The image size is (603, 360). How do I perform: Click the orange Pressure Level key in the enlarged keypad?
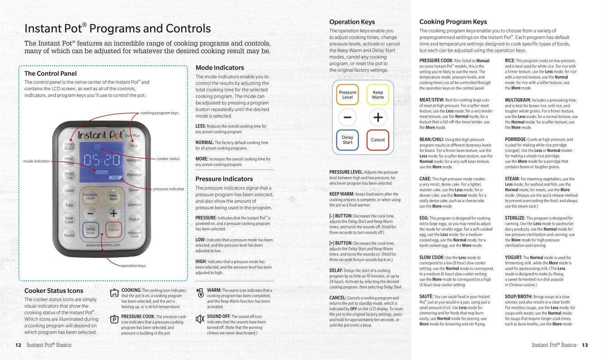click(347, 95)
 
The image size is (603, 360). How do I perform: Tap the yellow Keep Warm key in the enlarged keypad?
click(378, 95)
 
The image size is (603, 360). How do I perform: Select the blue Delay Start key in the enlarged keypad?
click(347, 140)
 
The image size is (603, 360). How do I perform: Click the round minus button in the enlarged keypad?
click(347, 117)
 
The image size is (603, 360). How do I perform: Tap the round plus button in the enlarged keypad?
click(378, 117)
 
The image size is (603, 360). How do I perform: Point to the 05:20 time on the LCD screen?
click(102, 160)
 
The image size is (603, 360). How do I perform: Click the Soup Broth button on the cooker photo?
click(69, 146)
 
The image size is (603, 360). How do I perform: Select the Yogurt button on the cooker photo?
click(134, 219)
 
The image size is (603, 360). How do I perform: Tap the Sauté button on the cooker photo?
click(69, 235)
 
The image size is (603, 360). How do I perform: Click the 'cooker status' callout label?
click(168, 159)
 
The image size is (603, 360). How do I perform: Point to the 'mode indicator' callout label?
click(36, 161)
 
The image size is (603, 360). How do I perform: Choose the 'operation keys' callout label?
click(133, 265)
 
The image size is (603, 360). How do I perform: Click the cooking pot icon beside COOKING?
click(114, 293)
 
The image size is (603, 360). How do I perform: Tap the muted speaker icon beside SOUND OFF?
click(200, 319)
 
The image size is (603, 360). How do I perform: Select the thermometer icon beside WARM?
click(200, 293)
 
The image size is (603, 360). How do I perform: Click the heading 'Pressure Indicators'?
click(224, 179)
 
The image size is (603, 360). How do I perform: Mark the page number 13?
click(585, 345)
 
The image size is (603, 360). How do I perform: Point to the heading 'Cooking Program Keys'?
click(453, 22)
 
